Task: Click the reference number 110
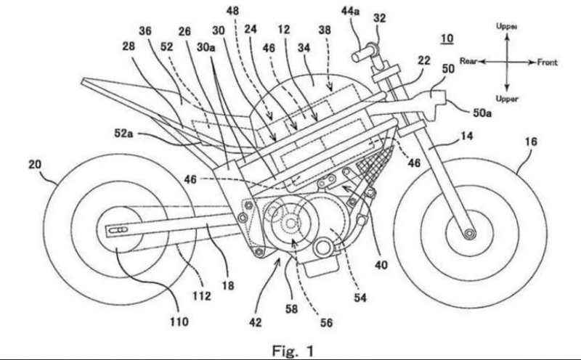[x=179, y=322]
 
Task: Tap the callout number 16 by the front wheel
[x=531, y=141]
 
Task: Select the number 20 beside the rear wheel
[x=35, y=164]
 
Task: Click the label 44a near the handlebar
[x=350, y=11]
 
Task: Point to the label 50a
[x=482, y=112]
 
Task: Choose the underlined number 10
[x=447, y=38]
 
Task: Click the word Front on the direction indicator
[x=548, y=62]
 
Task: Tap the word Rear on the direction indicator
[x=468, y=61]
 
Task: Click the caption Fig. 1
[x=293, y=351]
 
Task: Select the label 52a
[x=123, y=133]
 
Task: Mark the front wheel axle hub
[x=469, y=233]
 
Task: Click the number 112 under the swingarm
[x=202, y=295]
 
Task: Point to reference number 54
[x=359, y=298]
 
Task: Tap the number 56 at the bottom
[x=326, y=322]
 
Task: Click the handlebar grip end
[x=356, y=57]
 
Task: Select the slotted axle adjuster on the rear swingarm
[x=118, y=230]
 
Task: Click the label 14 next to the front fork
[x=466, y=136]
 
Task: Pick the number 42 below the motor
[x=256, y=322]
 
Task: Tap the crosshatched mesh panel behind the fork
[x=374, y=164]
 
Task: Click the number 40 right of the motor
[x=381, y=264]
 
